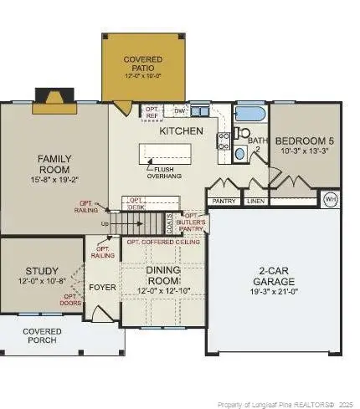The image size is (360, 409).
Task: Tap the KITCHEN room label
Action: click(x=181, y=131)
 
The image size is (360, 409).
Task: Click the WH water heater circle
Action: click(x=330, y=199)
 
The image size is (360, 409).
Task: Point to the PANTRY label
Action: click(x=224, y=201)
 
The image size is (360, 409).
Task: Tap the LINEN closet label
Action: click(x=255, y=201)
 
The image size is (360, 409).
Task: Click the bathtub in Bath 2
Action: click(x=250, y=114)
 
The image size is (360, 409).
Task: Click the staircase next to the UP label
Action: click(x=137, y=224)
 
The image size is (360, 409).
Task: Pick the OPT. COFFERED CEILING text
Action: click(x=162, y=242)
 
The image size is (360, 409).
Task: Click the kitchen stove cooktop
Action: click(x=223, y=141)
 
